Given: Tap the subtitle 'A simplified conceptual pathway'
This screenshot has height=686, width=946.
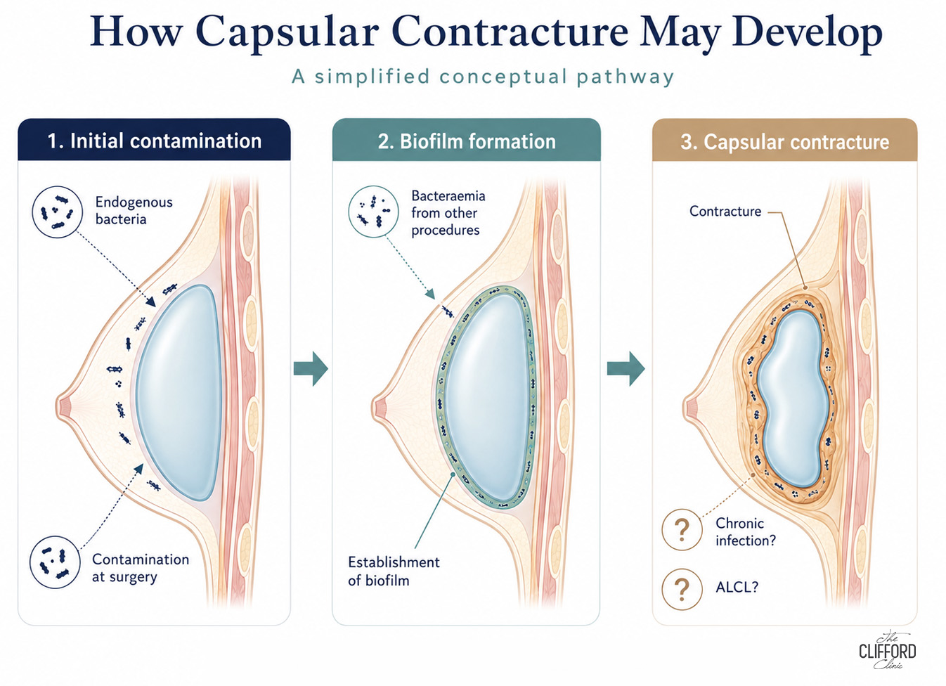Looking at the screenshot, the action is (x=483, y=77).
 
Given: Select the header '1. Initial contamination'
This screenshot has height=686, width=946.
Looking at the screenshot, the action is (x=154, y=141).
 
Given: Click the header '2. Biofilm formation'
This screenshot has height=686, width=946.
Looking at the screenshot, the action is (x=466, y=141).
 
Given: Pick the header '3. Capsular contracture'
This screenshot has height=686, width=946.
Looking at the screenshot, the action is (x=784, y=142).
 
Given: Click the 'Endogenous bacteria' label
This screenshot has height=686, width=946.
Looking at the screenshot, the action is (x=134, y=210).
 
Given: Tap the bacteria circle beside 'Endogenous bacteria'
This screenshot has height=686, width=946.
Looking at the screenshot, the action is (x=57, y=212).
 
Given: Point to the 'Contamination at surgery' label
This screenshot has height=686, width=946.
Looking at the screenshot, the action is (x=140, y=568).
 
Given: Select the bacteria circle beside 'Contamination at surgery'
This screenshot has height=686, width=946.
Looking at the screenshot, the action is (x=55, y=563).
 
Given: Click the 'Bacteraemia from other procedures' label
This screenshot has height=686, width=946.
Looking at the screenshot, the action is (x=448, y=213).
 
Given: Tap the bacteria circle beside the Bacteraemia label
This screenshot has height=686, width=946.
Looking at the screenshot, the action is (x=373, y=212).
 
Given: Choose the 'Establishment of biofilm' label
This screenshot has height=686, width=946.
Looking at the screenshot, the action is (x=394, y=571).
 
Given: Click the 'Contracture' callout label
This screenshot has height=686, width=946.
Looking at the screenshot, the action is (x=725, y=211).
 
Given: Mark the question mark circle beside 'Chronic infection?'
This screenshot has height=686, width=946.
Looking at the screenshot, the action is (x=682, y=530).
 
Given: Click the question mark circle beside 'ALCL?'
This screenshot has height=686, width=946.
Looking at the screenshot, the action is (x=682, y=589).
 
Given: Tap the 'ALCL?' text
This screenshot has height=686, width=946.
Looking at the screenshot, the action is (x=737, y=587).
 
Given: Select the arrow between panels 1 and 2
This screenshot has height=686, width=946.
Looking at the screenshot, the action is (x=311, y=368).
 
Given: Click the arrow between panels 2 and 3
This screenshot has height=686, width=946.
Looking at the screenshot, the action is (x=626, y=368).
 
